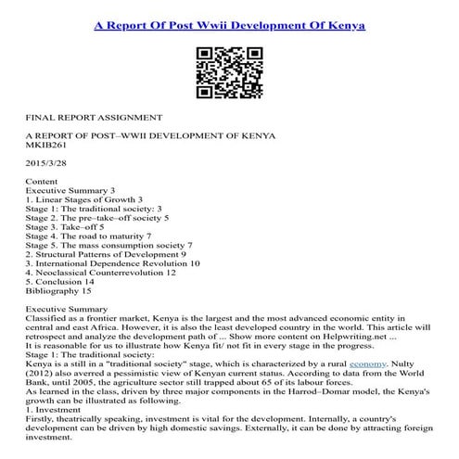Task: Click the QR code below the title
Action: point(229,72)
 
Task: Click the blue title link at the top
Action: point(229,23)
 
